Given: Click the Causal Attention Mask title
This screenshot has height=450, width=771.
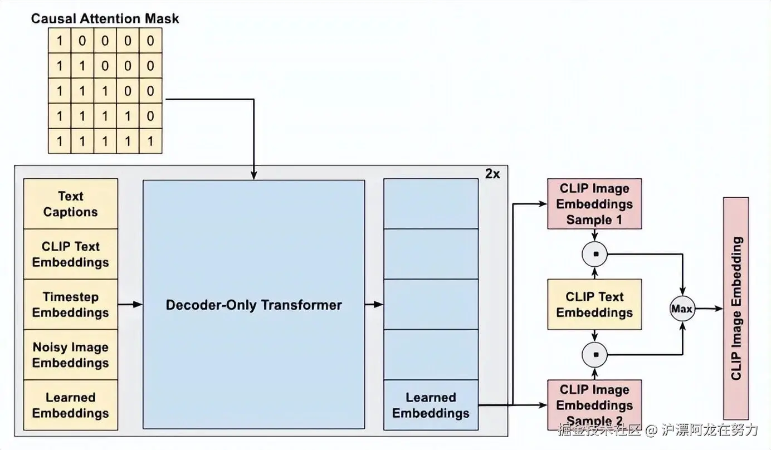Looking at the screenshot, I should click(x=105, y=18).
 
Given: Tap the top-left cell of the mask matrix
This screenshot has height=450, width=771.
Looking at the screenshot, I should click(x=60, y=41).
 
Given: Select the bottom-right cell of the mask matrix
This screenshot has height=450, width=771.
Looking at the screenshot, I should click(x=150, y=141).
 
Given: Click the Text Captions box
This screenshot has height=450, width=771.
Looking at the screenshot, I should click(x=71, y=204).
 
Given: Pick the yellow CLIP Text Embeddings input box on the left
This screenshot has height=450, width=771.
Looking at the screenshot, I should click(x=71, y=254).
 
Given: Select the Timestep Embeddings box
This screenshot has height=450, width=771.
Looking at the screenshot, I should click(x=71, y=305).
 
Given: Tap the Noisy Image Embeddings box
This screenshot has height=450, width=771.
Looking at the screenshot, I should click(x=71, y=355).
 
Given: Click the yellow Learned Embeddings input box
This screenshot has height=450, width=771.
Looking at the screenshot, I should click(x=71, y=405).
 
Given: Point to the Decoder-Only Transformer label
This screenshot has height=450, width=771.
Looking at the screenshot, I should click(x=254, y=305).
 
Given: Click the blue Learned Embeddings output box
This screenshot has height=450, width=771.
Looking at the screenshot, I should click(x=431, y=405).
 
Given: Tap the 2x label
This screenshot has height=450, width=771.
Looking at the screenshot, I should click(x=492, y=174).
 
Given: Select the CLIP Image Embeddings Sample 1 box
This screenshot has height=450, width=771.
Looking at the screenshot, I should click(x=594, y=204).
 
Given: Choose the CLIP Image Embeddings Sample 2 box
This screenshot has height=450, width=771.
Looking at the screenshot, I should click(x=594, y=405).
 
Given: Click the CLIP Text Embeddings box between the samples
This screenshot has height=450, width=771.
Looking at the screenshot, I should click(x=594, y=305).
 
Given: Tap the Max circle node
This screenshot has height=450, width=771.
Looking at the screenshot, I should click(x=682, y=309).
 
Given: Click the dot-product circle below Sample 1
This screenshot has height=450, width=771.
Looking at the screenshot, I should click(x=595, y=255).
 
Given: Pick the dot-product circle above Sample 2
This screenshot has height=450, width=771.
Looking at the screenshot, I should click(x=595, y=354).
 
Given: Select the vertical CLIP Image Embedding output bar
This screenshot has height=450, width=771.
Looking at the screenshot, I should click(x=736, y=308).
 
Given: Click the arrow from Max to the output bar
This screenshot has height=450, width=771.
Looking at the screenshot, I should click(x=709, y=309).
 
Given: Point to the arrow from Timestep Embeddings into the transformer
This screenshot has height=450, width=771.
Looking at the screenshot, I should click(x=130, y=305).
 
